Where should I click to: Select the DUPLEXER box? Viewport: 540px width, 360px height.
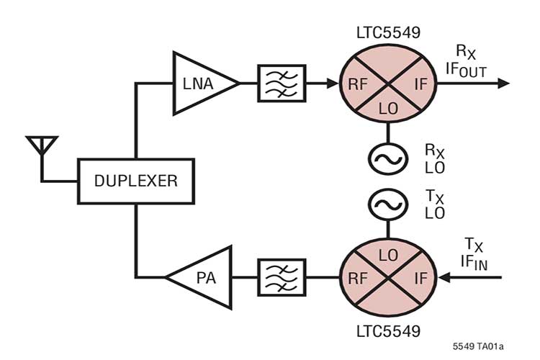point(135,180)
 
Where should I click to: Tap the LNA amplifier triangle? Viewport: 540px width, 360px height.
point(202,83)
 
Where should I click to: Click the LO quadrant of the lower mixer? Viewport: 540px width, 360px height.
point(389,254)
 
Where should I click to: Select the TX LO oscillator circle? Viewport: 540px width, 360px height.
point(389,204)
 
